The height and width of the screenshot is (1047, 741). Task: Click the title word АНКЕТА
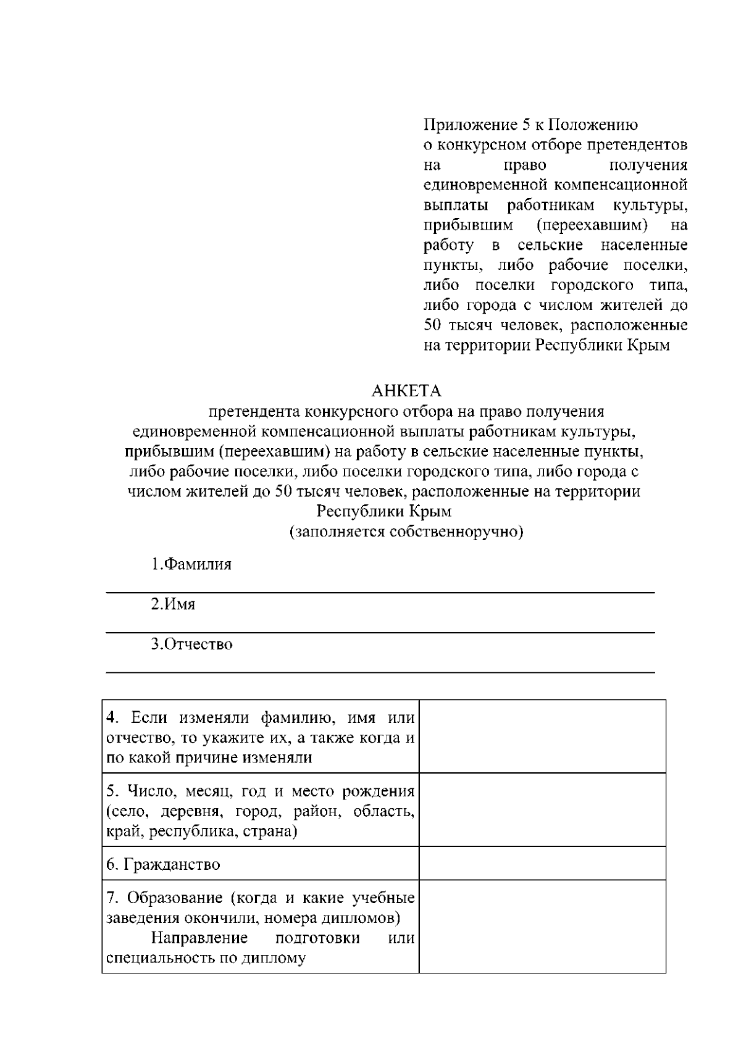click(406, 391)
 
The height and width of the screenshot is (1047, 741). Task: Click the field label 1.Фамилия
click(191, 564)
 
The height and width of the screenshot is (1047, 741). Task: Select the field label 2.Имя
click(173, 604)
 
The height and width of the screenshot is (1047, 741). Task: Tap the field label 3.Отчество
click(192, 644)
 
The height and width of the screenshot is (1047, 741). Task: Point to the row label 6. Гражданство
click(163, 864)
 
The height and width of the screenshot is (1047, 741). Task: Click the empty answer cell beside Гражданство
click(542, 863)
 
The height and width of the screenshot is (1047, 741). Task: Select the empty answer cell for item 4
click(542, 736)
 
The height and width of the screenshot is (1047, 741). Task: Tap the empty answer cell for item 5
click(542, 809)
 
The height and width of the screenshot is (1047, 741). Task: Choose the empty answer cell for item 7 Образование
click(542, 926)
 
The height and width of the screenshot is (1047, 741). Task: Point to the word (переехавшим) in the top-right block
click(592, 225)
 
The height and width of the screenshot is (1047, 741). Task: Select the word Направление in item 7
click(199, 938)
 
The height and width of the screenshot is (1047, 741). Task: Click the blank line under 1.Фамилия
click(380, 591)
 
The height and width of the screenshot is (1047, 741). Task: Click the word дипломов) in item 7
click(361, 918)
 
